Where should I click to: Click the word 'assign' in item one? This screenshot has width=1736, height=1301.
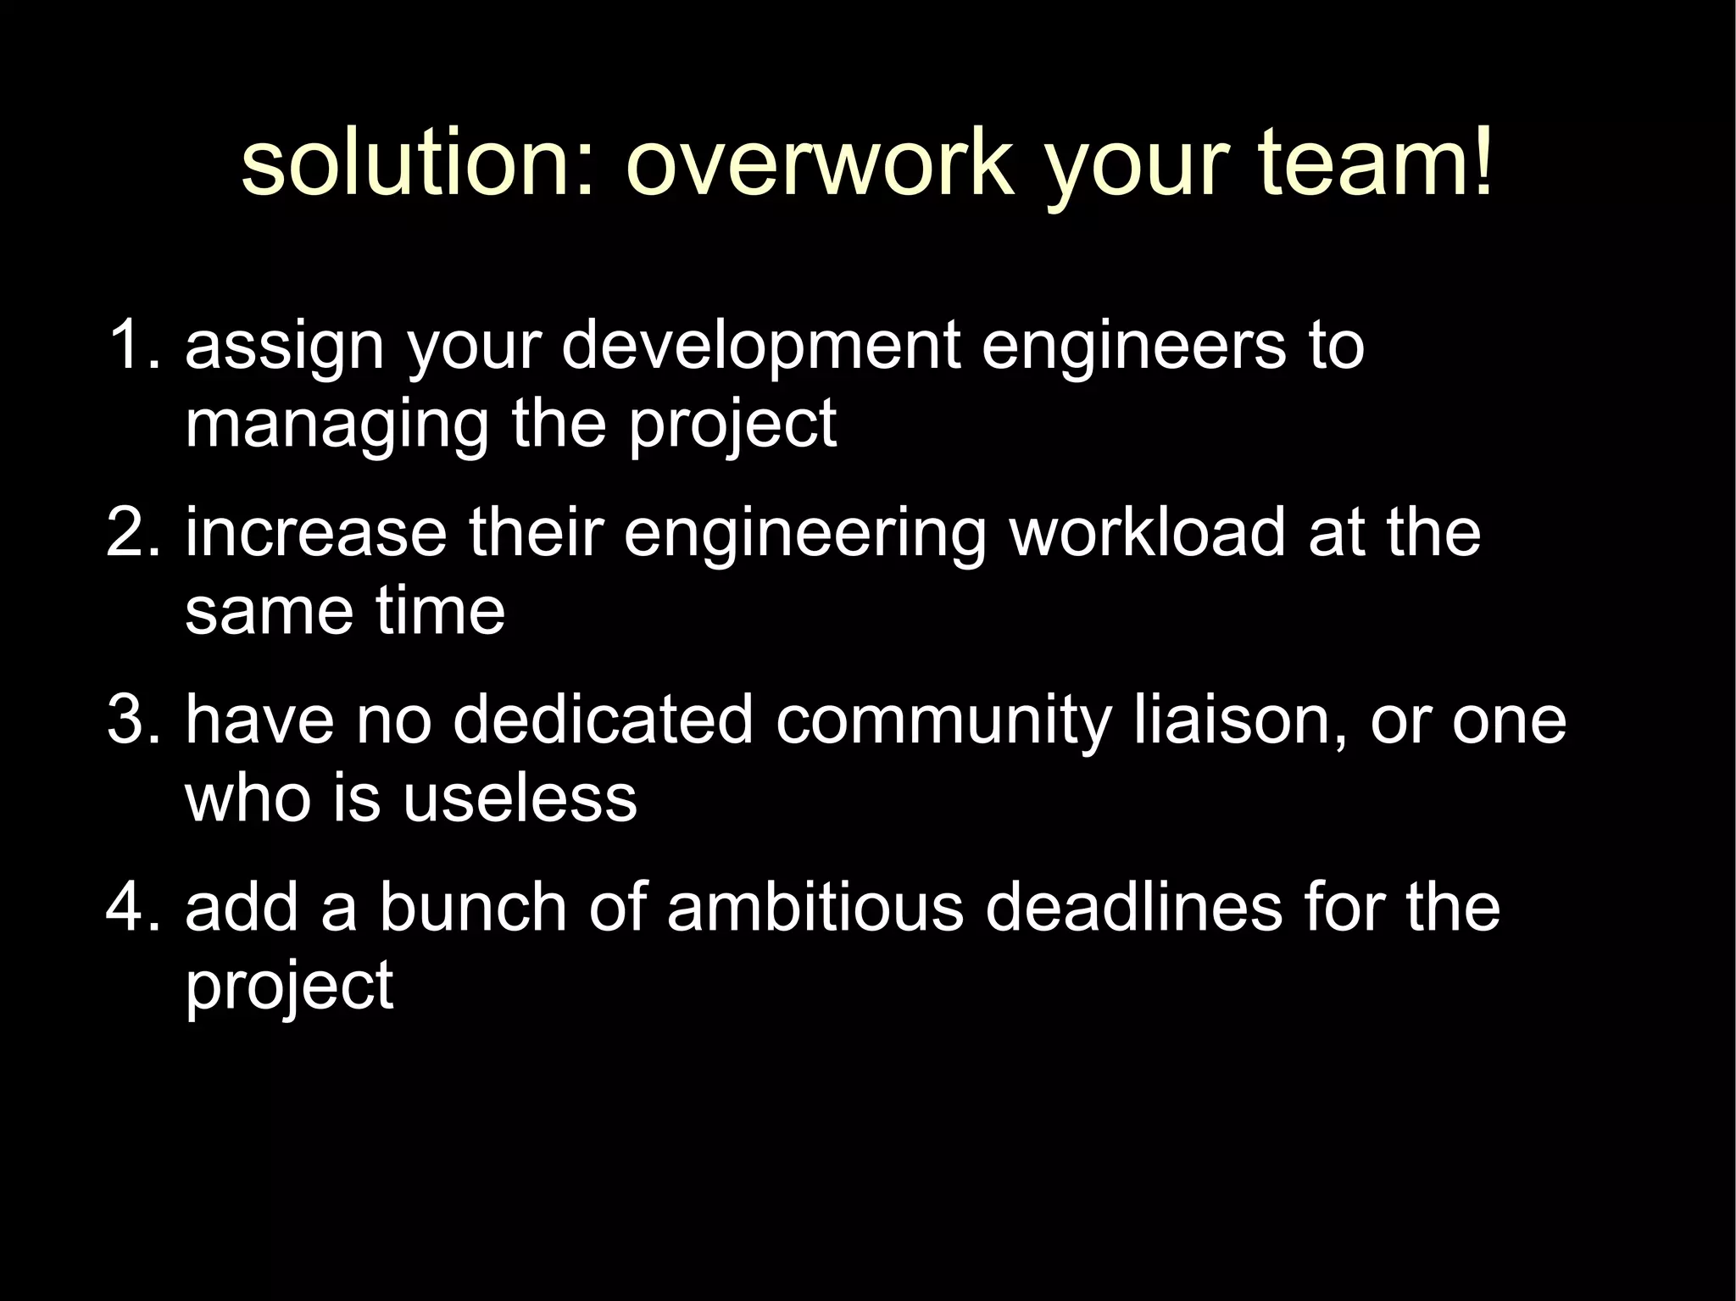point(284,347)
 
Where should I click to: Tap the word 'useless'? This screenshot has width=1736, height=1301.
point(519,798)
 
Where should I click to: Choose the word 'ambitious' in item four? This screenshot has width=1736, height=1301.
point(815,907)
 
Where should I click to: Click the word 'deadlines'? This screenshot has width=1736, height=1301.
point(1133,907)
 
